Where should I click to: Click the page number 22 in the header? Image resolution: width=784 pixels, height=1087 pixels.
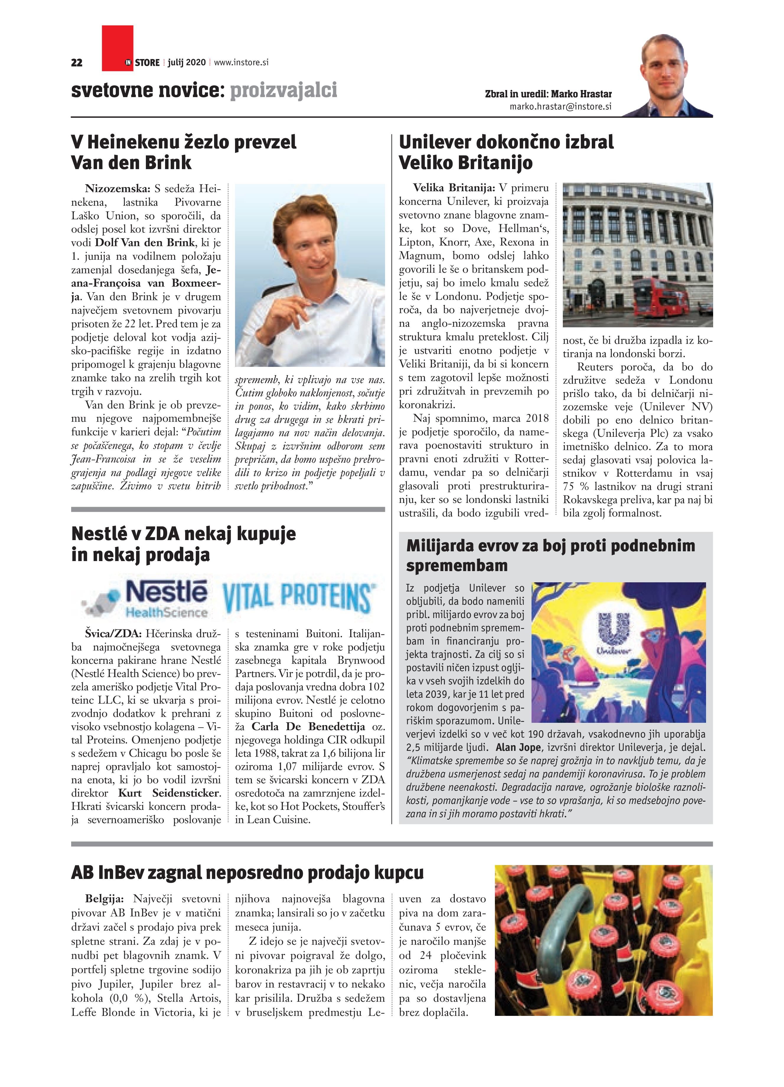[x=77, y=62]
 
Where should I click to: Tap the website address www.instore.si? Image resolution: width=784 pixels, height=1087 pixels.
[x=241, y=62]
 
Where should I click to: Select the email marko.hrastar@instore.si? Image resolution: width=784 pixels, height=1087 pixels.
[x=560, y=107]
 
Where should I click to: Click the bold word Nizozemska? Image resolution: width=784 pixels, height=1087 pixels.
[x=118, y=188]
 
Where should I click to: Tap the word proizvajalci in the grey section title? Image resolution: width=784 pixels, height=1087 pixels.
[x=283, y=90]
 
